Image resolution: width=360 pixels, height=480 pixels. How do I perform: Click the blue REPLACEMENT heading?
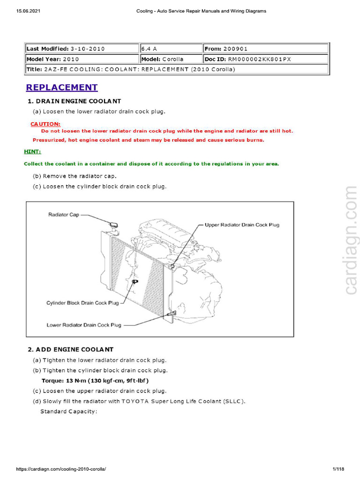62,88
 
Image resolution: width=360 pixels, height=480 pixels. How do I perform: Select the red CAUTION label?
45,124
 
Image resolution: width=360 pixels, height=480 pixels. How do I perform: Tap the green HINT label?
32,152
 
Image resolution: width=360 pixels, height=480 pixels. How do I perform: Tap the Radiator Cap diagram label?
64,215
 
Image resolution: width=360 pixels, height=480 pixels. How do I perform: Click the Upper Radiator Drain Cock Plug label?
242,225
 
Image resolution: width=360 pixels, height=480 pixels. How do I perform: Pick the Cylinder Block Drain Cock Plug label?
82,303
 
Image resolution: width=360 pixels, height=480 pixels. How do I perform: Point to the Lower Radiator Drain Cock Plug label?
84,325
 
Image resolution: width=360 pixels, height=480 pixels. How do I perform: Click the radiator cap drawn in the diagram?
113,225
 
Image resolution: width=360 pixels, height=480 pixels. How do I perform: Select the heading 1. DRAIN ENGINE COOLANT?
74,101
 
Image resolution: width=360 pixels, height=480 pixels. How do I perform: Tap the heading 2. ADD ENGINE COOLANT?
70,349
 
